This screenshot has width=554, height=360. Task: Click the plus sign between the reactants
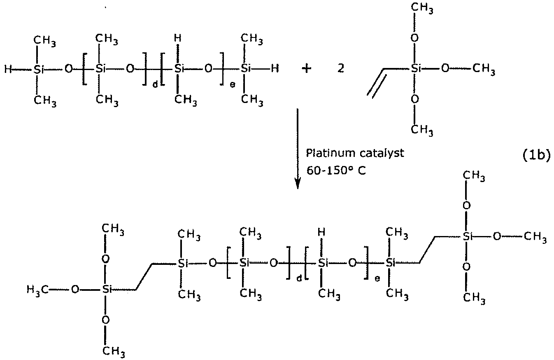(x=306, y=69)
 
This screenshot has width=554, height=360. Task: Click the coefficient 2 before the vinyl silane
(x=341, y=69)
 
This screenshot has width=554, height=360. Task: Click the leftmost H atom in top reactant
(x=7, y=69)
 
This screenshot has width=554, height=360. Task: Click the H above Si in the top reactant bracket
(x=178, y=38)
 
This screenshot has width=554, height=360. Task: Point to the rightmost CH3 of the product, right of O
(x=536, y=237)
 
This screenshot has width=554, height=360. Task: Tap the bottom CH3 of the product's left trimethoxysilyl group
(x=114, y=351)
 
